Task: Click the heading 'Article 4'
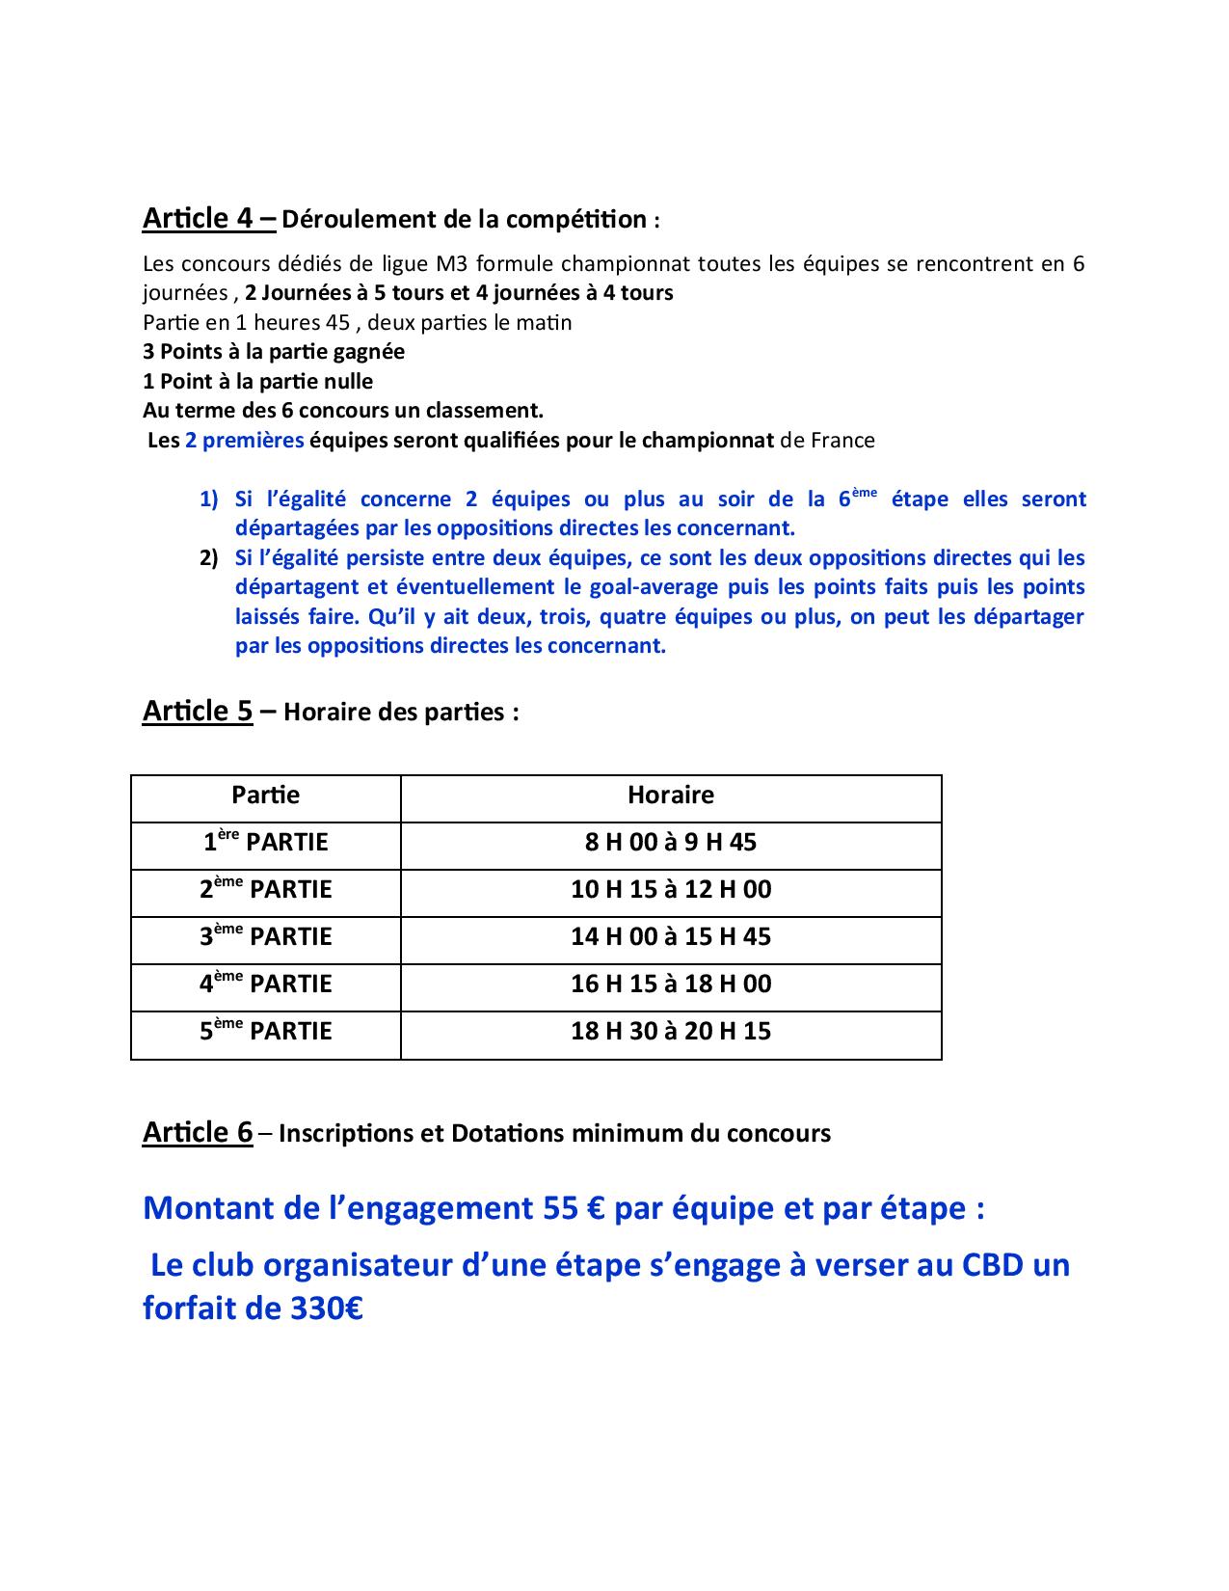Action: point(209,218)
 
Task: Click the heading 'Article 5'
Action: point(198,711)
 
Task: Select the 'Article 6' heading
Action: point(198,1132)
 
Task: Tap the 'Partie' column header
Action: point(265,795)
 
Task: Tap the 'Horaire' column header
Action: point(670,795)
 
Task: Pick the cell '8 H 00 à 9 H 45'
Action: point(670,842)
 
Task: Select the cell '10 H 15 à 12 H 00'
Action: point(670,889)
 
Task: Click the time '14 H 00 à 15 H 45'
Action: point(670,936)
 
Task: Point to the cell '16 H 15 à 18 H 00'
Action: point(670,984)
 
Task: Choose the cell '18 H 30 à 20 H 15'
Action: point(670,1031)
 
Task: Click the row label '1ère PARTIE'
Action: point(265,842)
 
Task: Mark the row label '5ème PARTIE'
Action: point(265,1031)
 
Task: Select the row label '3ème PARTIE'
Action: point(265,936)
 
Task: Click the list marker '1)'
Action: point(209,499)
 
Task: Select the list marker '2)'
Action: point(209,558)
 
